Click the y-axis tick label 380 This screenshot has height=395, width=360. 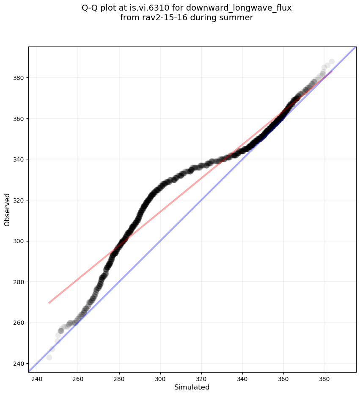(x=19, y=78)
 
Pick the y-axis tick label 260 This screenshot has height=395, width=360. (x=19, y=323)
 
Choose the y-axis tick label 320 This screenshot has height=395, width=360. (x=19, y=200)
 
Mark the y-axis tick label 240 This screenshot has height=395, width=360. (x=19, y=363)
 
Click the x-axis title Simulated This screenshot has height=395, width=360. (x=192, y=387)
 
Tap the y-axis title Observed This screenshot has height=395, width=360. (x=7, y=209)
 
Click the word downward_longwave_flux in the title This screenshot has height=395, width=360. (x=248, y=8)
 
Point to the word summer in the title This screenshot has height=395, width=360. (x=238, y=18)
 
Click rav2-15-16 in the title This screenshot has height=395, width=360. (x=161, y=18)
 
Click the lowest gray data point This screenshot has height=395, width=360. (x=49, y=357)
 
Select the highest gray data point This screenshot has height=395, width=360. (x=332, y=62)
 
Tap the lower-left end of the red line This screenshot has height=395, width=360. (x=49, y=303)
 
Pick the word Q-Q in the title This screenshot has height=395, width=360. (x=91, y=8)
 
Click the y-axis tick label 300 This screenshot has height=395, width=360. (x=19, y=241)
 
